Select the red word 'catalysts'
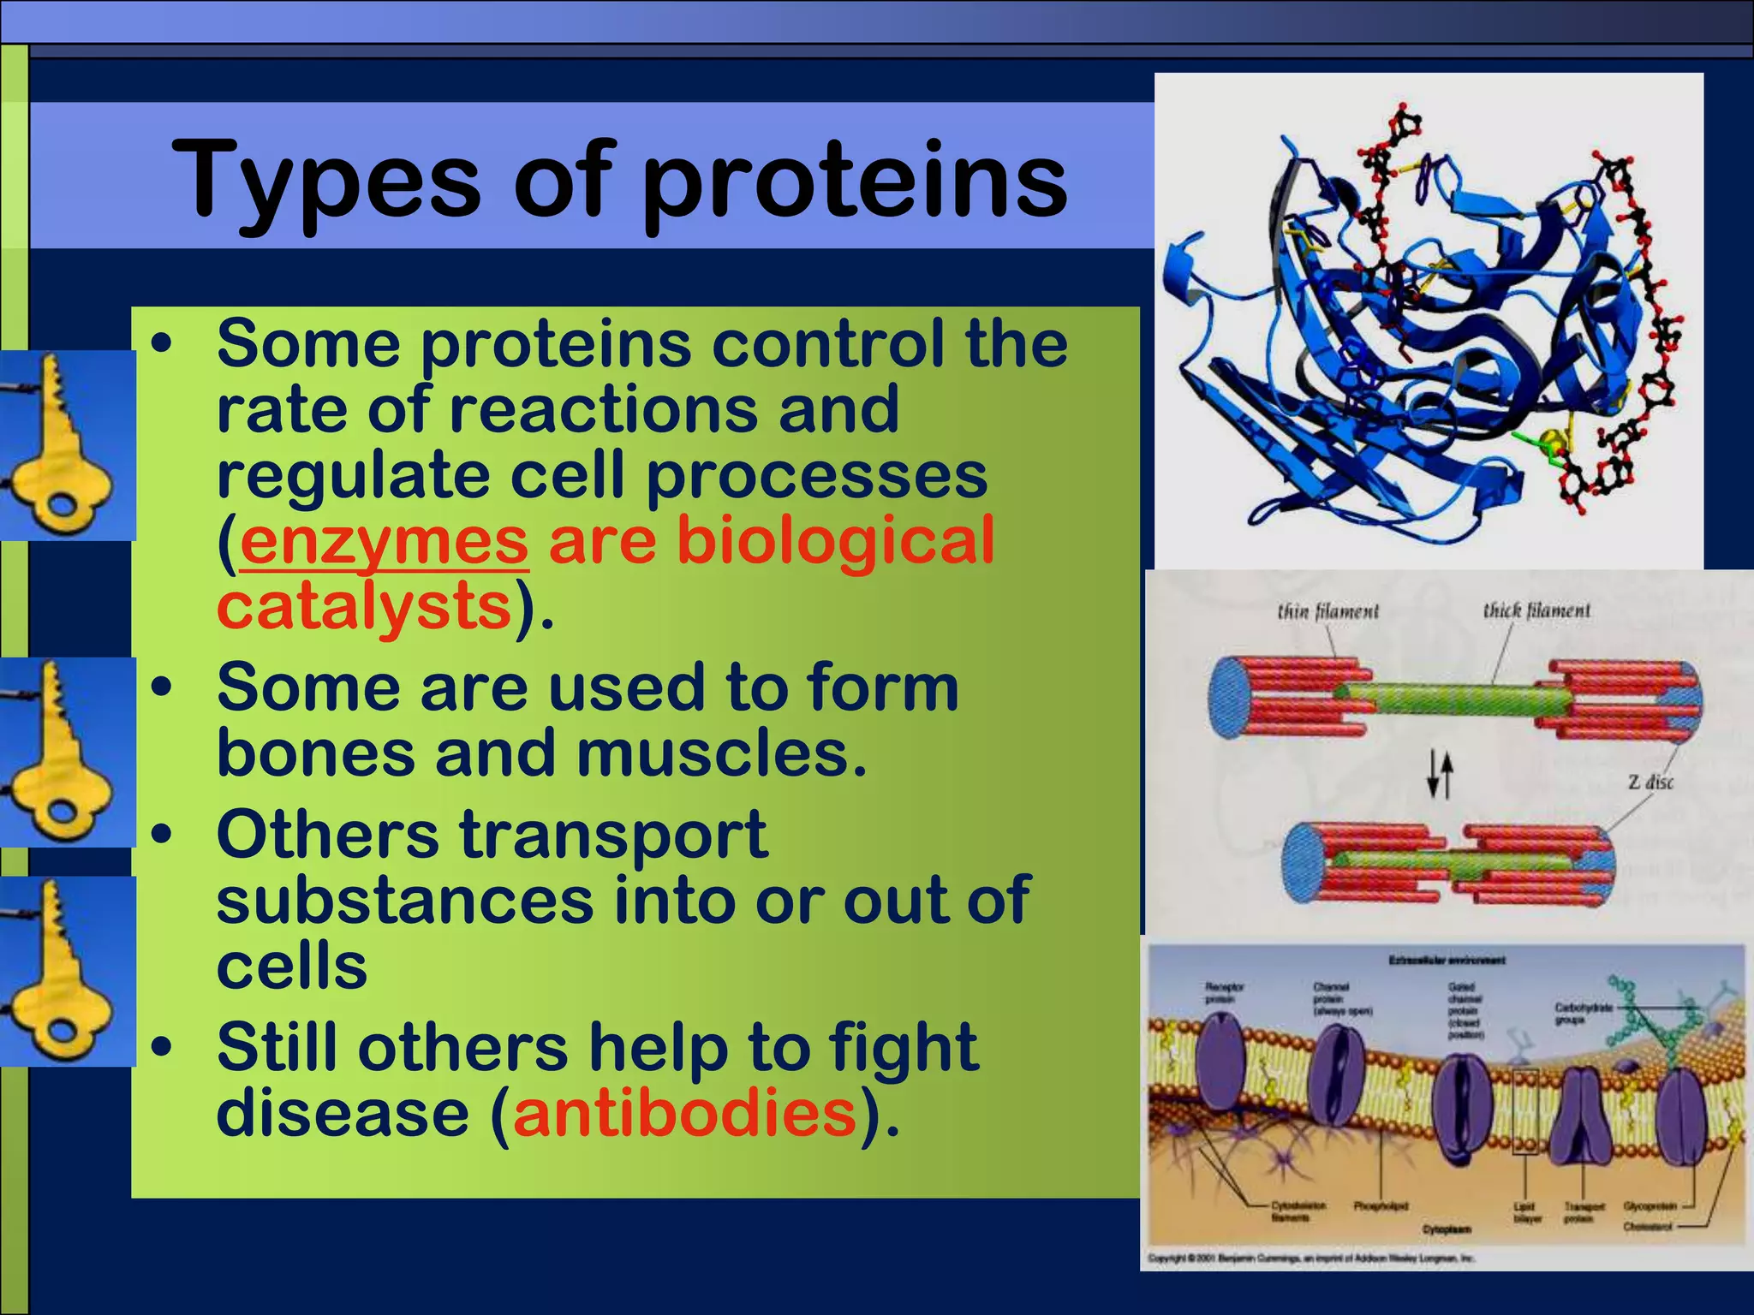pos(364,606)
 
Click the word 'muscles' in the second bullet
pos(722,754)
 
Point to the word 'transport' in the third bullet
pos(613,835)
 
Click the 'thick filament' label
pos(1536,611)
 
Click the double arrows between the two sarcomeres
pos(1440,776)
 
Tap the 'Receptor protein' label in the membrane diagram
pos(1224,993)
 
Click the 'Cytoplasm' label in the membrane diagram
pos(1447,1229)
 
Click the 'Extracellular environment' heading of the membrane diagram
pos(1447,961)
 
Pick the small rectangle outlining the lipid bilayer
pos(1525,1112)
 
